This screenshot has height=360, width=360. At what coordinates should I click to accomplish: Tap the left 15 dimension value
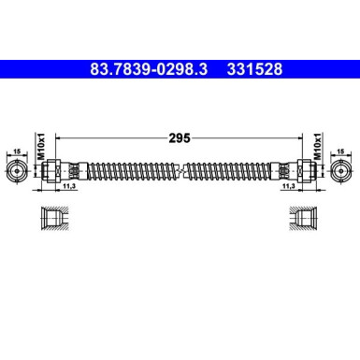16,149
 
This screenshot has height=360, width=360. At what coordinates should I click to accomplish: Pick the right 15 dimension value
342,149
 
